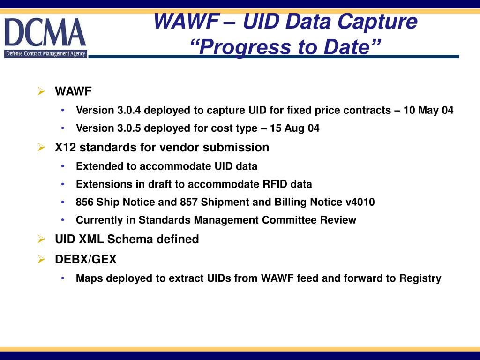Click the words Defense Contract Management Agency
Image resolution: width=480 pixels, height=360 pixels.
45,54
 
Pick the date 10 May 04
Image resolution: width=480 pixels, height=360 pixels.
428,111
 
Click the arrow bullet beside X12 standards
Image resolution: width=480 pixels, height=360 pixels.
41,148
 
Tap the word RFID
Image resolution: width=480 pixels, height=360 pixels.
276,184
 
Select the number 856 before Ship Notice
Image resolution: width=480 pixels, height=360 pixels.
85,202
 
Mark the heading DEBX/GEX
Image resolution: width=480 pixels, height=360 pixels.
85,259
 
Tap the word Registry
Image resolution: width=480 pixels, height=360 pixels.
420,278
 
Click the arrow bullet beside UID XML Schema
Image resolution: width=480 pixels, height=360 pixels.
41,240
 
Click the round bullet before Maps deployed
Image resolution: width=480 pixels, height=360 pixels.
63,278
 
